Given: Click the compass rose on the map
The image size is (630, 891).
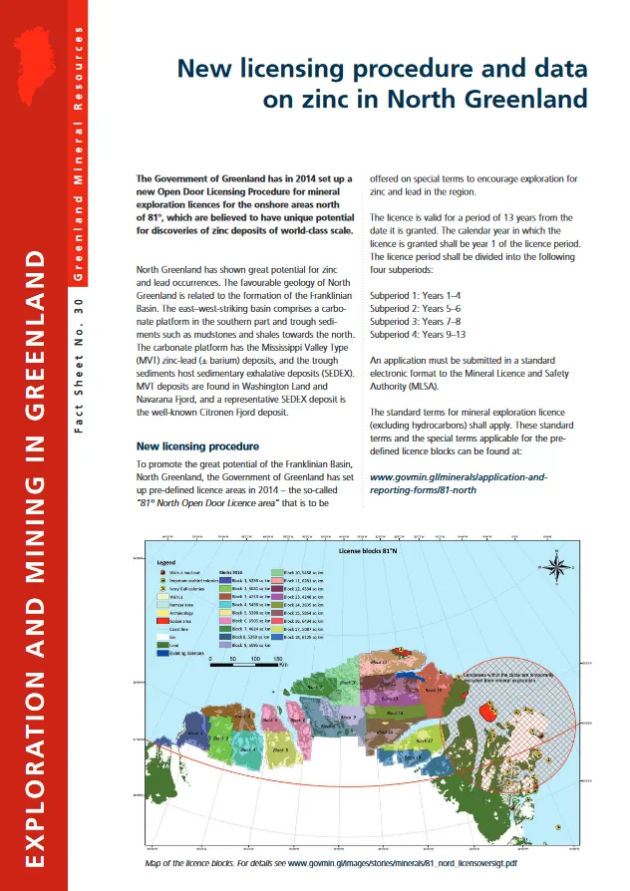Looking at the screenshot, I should click(x=559, y=567).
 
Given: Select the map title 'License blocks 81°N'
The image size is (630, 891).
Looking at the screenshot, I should click(x=368, y=550).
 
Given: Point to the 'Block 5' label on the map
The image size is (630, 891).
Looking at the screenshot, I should click(x=280, y=747).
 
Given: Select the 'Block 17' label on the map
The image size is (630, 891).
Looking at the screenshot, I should click(x=423, y=741).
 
